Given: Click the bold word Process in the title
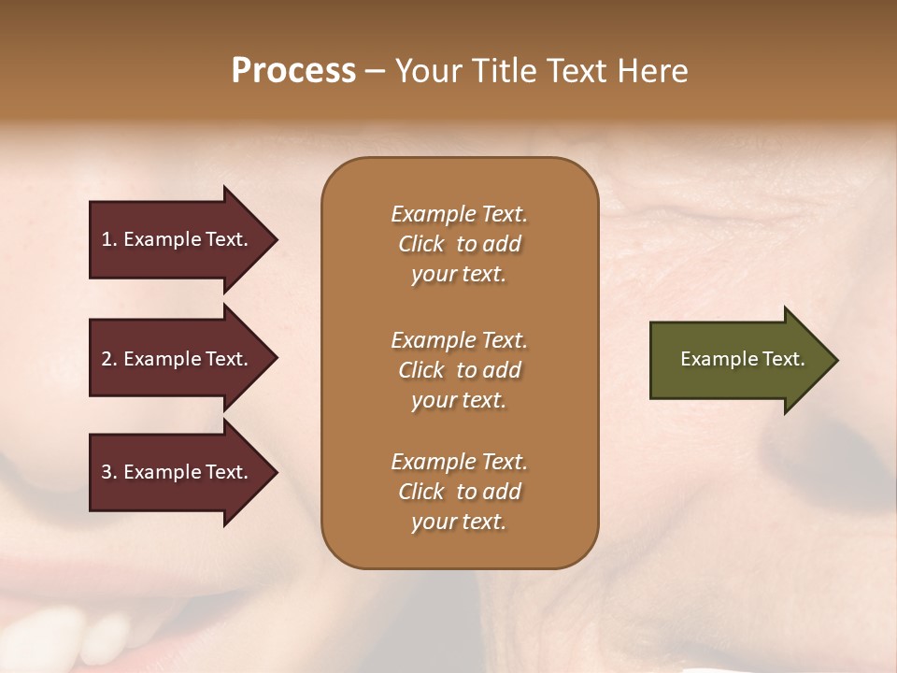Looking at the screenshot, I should pos(293,71).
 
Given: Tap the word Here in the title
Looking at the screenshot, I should pos(652,71).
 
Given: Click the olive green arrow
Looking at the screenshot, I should pos(738,359).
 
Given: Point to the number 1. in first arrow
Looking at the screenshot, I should pos(109,239).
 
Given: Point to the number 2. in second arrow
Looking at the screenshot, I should pos(109,359).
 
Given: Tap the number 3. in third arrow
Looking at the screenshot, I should pos(109,472).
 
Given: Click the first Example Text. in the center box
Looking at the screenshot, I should pos(459,214).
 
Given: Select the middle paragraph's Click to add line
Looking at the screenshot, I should pos(459,370).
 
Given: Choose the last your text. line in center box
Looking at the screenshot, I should pos(459,523).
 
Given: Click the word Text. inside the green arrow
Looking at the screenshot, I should pos(782,359).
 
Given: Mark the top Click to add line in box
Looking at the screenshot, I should pos(459,244).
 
